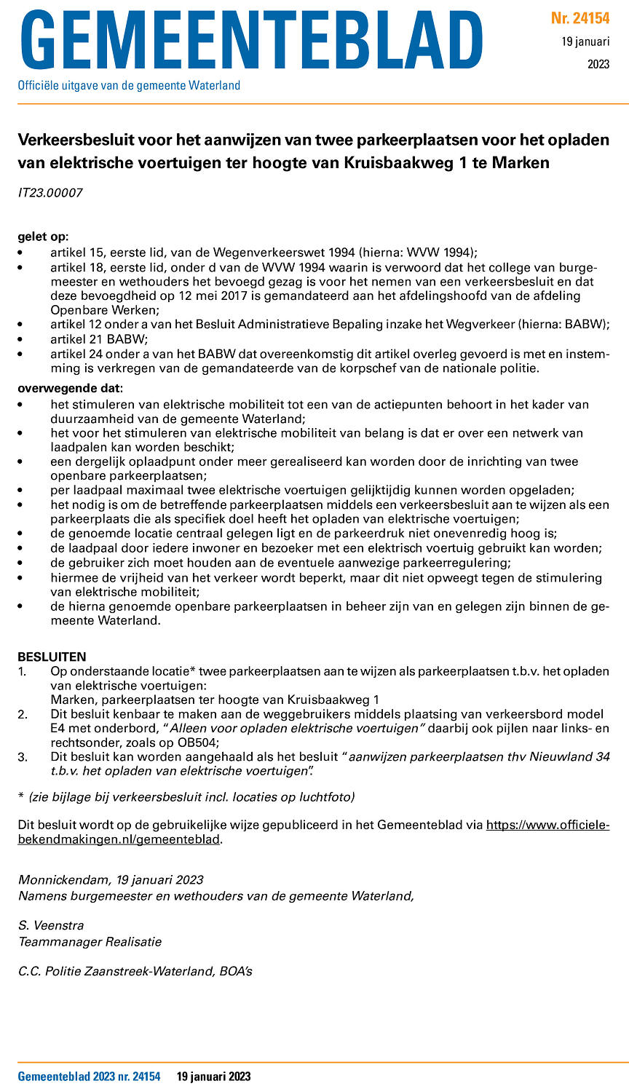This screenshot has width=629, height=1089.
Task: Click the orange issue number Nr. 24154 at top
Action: point(579,18)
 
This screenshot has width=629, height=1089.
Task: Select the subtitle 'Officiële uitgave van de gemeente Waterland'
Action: point(129,86)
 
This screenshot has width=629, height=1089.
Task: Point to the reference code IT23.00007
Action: point(50,193)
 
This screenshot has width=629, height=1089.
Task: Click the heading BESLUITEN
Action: point(52,657)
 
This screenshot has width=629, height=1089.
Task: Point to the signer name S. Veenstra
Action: point(51,925)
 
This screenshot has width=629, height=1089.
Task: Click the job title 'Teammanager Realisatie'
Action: point(90,941)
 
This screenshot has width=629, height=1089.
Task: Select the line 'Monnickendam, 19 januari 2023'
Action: point(111,880)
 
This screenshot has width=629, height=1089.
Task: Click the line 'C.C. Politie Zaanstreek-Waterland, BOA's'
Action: point(135,970)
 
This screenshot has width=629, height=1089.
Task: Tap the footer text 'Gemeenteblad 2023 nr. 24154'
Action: point(89,1077)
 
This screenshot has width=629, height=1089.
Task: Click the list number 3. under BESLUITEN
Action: point(23,757)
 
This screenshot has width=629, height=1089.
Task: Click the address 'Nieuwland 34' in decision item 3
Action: point(573,756)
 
